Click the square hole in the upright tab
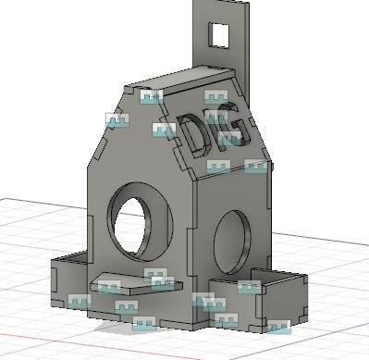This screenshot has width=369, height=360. [x=220, y=34]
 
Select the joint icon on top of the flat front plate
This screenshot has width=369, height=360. [x=155, y=275]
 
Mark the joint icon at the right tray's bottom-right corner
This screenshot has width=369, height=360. [x=277, y=327]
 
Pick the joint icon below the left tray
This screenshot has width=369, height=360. [x=80, y=301]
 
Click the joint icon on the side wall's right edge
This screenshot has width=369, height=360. [x=255, y=167]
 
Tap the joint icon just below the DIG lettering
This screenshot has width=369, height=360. [x=218, y=168]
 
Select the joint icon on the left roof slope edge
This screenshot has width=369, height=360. [x=117, y=120]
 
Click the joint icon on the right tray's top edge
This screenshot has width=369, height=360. [x=248, y=286]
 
